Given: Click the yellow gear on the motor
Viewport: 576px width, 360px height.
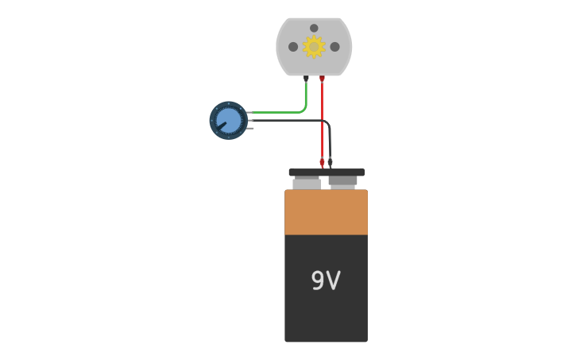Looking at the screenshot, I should [x=314, y=47].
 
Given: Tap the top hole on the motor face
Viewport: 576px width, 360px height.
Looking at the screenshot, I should [x=314, y=28].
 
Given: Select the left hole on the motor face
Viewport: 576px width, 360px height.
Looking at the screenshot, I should [x=293, y=47].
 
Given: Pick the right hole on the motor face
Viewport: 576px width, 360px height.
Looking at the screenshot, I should [x=334, y=47].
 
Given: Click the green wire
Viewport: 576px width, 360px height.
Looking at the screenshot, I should [x=278, y=112].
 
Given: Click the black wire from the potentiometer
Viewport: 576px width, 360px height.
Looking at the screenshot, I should [x=286, y=120].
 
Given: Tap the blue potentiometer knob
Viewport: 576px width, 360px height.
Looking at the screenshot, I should [x=228, y=120].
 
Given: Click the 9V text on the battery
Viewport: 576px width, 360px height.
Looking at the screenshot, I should [x=325, y=281].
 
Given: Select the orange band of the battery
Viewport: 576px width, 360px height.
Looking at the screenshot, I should [x=326, y=212].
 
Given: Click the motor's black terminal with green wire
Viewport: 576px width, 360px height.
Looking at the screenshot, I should [x=306, y=78].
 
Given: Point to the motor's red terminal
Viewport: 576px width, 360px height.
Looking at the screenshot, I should [x=322, y=78].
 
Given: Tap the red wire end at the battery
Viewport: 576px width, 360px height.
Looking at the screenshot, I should [x=322, y=164].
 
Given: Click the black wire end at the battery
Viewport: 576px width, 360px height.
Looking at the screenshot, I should [x=330, y=163].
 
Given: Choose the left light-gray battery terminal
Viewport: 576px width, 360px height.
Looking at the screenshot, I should [x=307, y=184].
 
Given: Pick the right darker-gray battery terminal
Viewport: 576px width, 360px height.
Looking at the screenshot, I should [x=342, y=182].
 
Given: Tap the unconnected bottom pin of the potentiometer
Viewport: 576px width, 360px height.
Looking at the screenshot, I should [x=250, y=127].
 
